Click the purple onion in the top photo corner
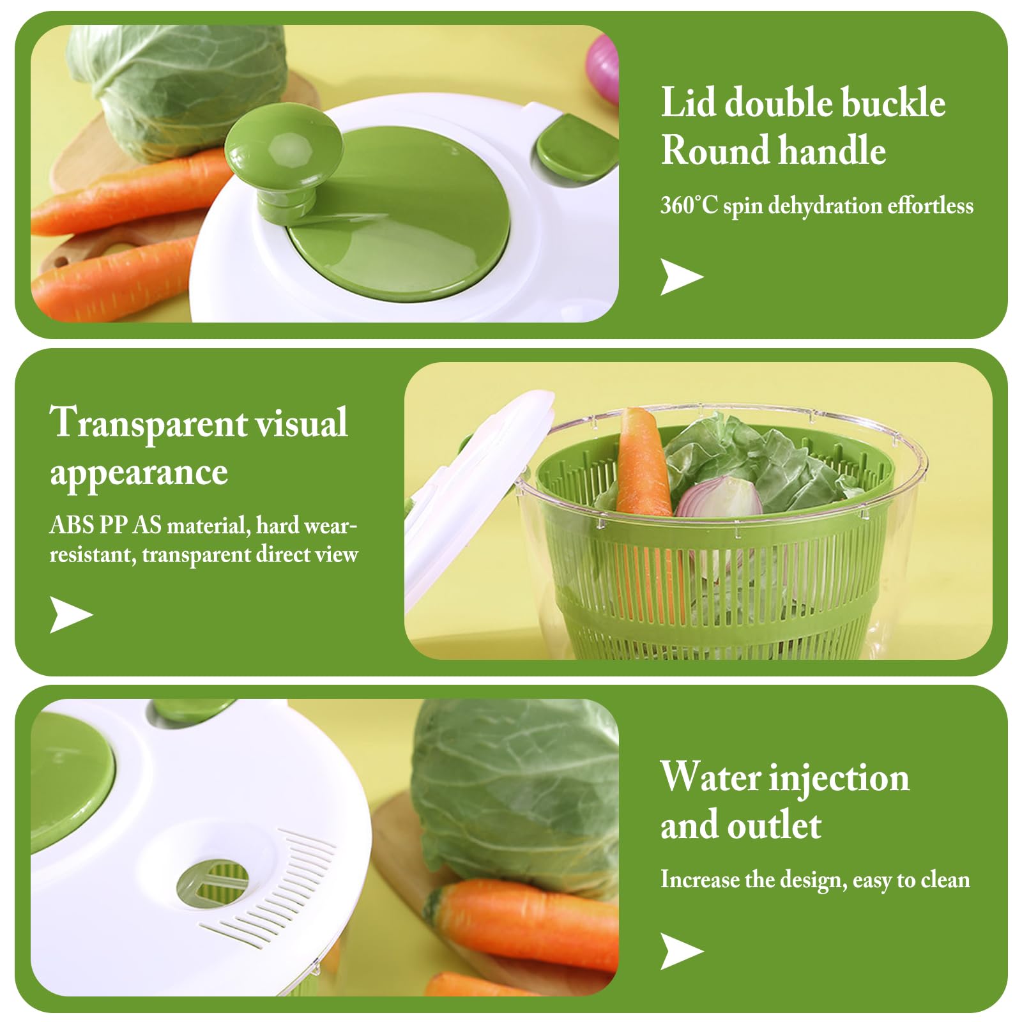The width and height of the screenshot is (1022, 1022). click(x=604, y=67)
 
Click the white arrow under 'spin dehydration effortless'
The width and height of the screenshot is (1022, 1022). click(x=682, y=277)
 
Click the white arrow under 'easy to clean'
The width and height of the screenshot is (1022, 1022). click(x=682, y=951)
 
